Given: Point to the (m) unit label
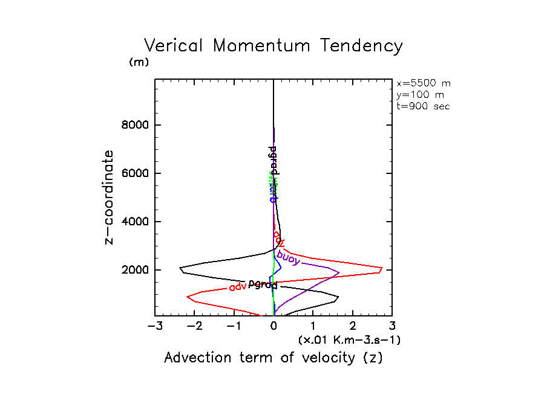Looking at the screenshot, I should (x=139, y=62).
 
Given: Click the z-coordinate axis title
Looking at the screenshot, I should (x=110, y=197).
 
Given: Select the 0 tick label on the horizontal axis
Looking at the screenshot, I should (x=274, y=327).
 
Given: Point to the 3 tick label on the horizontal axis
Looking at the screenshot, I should (x=392, y=327).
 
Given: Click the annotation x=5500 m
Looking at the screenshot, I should (x=423, y=83).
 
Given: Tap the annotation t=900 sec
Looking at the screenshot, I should (x=423, y=106).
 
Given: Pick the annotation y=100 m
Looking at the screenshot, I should (x=419, y=95).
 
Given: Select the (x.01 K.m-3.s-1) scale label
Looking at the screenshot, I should (x=349, y=340).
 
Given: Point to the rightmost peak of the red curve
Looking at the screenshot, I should (x=382, y=268).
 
